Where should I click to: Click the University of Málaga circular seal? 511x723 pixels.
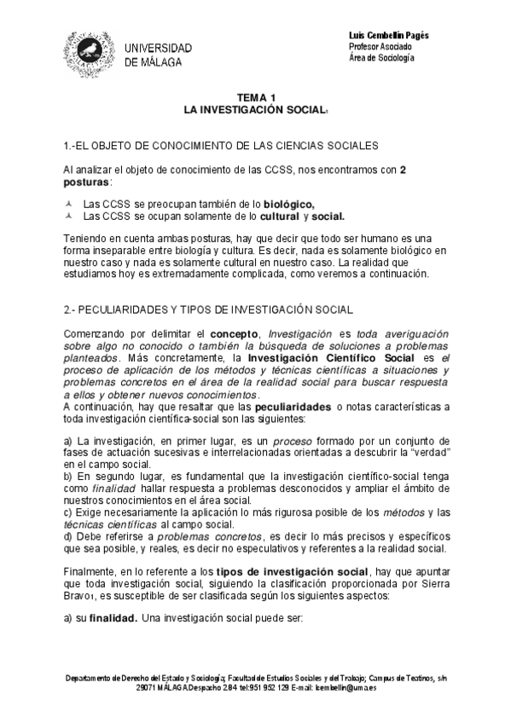pyautogui.click(x=90, y=52)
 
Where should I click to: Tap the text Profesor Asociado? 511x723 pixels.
pyautogui.click(x=381, y=46)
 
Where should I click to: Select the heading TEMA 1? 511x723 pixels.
pyautogui.click(x=257, y=99)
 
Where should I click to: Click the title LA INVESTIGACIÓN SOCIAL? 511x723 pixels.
pyautogui.click(x=255, y=111)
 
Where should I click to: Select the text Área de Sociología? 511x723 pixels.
pyautogui.click(x=381, y=58)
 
